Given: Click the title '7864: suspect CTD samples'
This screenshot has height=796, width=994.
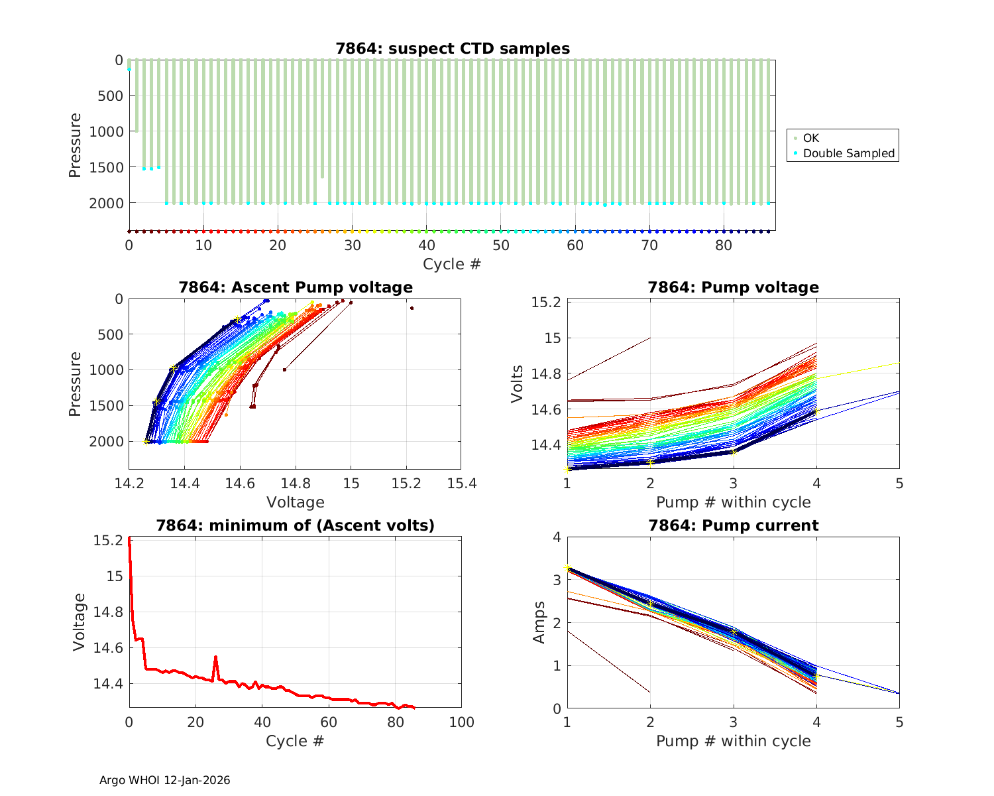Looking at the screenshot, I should pos(452,48).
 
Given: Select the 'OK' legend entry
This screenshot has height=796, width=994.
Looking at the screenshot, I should pos(811,138).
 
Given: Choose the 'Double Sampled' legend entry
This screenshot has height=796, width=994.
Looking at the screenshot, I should pos(848,153).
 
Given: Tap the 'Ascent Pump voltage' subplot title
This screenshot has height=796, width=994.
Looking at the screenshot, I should pos(295,287).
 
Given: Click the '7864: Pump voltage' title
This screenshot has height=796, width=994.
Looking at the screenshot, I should pos(733,287).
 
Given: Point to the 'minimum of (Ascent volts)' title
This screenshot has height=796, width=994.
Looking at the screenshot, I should pos(295,525).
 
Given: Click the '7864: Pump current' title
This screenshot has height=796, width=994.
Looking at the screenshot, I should pos(733,525).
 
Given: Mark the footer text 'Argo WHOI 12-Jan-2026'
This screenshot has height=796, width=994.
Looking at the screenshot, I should pos(164,780).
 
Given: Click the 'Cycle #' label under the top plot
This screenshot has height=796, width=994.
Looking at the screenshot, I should pos(452,264).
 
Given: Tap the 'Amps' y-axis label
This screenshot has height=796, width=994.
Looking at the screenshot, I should pos(539,622).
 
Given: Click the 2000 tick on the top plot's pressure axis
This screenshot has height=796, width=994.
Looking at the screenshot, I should pos(106,203).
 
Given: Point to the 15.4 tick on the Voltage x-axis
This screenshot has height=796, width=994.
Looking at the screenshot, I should pos(461,484).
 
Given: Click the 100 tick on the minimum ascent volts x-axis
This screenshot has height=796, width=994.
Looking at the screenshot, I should pos(461,722).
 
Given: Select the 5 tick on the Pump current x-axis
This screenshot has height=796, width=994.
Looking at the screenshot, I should pos(899,722).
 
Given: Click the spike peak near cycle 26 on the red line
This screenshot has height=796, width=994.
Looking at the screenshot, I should pos(215,657).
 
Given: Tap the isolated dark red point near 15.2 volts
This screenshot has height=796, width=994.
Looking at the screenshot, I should pos(412,308).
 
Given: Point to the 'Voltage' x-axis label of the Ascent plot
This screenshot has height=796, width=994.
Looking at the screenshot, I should pos(295,502).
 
